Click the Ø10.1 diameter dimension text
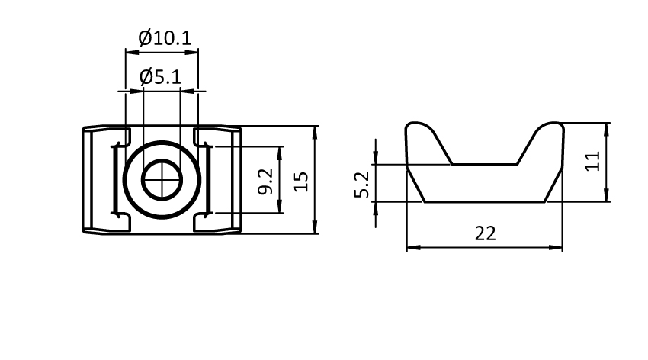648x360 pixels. pos(165,37)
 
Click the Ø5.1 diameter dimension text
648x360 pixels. pos(160,77)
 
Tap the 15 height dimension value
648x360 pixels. pos(301,181)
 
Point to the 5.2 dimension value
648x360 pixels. pos(363,185)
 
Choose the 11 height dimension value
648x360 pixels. pos(594,161)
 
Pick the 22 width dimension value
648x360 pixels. pos(485,233)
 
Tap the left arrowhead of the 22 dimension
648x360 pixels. pos(412,247)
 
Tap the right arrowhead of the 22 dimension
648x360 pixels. pos(557,247)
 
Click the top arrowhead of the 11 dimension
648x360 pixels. pos(607,127)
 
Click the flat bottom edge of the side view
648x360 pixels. pos(485,202)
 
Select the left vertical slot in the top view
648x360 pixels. pos(115,180)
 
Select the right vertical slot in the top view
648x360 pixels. pos(207,180)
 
